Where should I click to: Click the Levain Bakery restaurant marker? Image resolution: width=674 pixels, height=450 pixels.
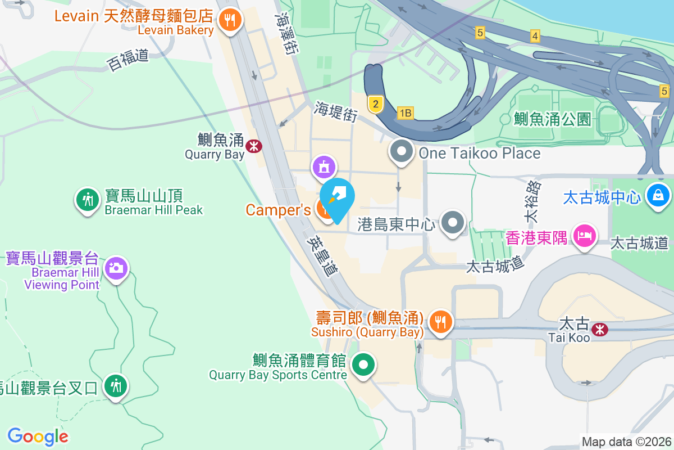(x=230, y=21)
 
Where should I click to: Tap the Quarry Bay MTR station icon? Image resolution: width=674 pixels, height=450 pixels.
(x=254, y=146)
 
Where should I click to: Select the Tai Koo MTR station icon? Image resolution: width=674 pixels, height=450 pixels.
(x=600, y=329)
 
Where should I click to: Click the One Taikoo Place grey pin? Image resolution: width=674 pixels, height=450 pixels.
(x=402, y=151)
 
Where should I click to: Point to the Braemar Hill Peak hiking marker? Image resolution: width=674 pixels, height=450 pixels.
(x=87, y=199)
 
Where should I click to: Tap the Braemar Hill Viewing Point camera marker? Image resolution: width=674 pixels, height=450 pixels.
(x=116, y=268)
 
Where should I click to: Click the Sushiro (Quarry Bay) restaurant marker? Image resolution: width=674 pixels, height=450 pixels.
(x=440, y=322)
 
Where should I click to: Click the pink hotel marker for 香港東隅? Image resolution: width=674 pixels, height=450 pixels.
(x=584, y=236)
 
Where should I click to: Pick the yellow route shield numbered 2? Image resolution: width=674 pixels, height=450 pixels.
(x=376, y=103)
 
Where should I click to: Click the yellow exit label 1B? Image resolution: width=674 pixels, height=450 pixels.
(x=405, y=113)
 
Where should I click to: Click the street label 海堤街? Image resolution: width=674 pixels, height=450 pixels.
(x=336, y=111)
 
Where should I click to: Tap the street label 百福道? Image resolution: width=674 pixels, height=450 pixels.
(x=128, y=60)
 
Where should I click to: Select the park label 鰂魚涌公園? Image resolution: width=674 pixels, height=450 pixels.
(x=552, y=119)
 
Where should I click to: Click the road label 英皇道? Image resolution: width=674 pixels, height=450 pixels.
(x=323, y=255)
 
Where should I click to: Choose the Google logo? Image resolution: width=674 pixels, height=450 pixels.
(x=38, y=436)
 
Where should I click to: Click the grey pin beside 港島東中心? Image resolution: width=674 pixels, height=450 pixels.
(x=453, y=223)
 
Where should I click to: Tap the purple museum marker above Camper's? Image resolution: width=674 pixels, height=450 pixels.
(x=325, y=166)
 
